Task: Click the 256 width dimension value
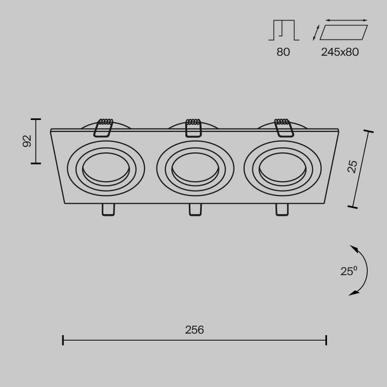pyautogui.click(x=194, y=329)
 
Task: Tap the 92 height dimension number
pyautogui.click(x=27, y=141)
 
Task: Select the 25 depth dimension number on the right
pyautogui.click(x=352, y=166)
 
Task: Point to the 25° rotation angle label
pyautogui.click(x=348, y=272)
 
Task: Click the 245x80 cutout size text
pyautogui.click(x=339, y=52)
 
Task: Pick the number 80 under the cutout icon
pyautogui.click(x=283, y=52)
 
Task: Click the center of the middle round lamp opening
pyautogui.click(x=192, y=169)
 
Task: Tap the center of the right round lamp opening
pyautogui.click(x=280, y=169)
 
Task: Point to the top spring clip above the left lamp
pyautogui.click(x=102, y=127)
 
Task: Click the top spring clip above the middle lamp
pyautogui.click(x=192, y=127)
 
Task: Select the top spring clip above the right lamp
pyautogui.click(x=283, y=127)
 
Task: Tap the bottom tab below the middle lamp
pyautogui.click(x=194, y=210)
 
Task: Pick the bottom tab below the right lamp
pyautogui.click(x=281, y=210)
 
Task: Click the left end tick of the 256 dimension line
pyautogui.click(x=63, y=340)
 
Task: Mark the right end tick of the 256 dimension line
pyautogui.click(x=326, y=340)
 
